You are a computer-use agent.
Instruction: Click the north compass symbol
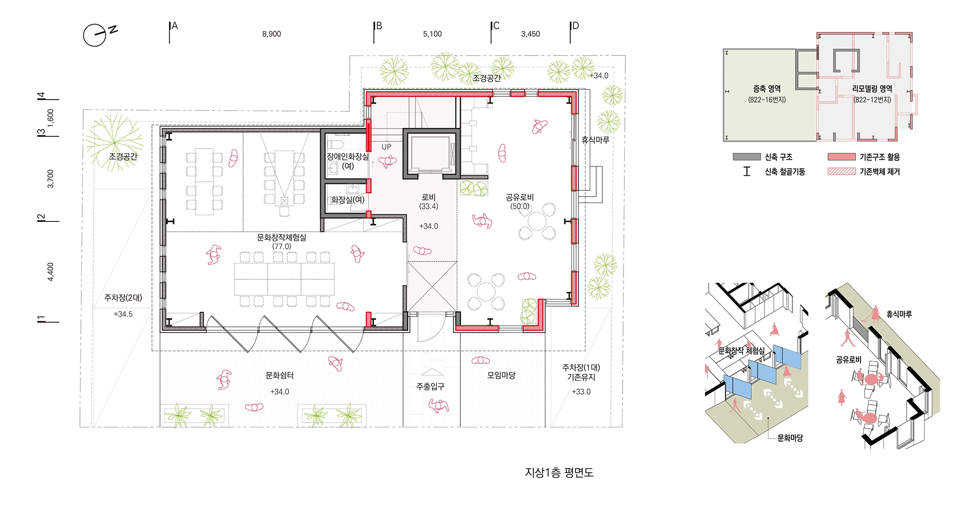(95, 35)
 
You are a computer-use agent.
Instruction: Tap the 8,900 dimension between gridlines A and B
(271, 34)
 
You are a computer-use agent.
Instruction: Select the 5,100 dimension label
(432, 34)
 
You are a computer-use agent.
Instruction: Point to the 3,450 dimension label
(530, 34)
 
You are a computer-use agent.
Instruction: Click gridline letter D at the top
(575, 26)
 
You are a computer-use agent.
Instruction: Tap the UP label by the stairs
(387, 147)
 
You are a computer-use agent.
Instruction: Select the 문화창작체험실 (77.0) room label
(282, 242)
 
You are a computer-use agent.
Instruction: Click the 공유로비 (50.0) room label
(520, 202)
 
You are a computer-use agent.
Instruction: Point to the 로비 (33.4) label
(428, 202)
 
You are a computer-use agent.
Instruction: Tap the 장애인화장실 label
(348, 157)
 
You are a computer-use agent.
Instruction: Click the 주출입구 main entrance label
(430, 387)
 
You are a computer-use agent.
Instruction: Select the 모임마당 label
(501, 375)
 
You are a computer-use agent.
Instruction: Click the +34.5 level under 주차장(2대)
(123, 314)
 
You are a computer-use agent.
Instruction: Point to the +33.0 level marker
(581, 392)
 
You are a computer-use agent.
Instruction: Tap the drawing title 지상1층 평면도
(559, 473)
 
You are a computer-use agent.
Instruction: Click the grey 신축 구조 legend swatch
(747, 157)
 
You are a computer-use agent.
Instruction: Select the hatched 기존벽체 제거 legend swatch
(842, 171)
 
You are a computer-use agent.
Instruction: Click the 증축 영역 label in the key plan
(767, 88)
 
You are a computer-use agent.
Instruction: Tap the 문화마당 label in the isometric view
(790, 438)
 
